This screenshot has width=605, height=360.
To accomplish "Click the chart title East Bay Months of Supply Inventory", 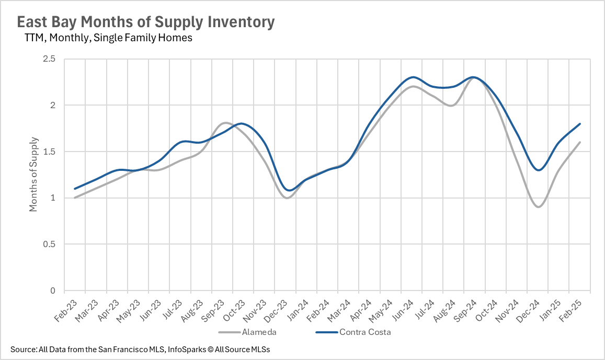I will click(x=145, y=22).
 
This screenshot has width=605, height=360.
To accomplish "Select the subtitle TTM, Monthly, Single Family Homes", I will click(x=108, y=38).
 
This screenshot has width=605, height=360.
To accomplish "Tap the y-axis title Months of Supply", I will click(x=33, y=174).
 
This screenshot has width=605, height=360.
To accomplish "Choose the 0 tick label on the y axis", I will click(x=53, y=291).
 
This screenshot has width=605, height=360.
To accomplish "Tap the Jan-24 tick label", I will click(x=295, y=310).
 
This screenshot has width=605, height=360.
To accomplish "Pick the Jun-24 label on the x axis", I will click(x=400, y=310).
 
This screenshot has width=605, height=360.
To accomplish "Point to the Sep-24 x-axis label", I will click(x=463, y=310).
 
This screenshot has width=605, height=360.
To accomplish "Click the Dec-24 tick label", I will click(x=527, y=310).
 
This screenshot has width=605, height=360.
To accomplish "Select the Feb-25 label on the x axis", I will click(x=569, y=310).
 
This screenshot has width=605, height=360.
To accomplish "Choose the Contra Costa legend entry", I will click(x=365, y=331).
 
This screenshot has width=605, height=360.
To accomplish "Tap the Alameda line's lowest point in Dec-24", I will click(x=538, y=207).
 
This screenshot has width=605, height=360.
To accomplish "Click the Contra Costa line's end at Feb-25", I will click(x=580, y=124).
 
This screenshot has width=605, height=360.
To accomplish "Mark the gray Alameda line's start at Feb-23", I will click(x=75, y=198).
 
